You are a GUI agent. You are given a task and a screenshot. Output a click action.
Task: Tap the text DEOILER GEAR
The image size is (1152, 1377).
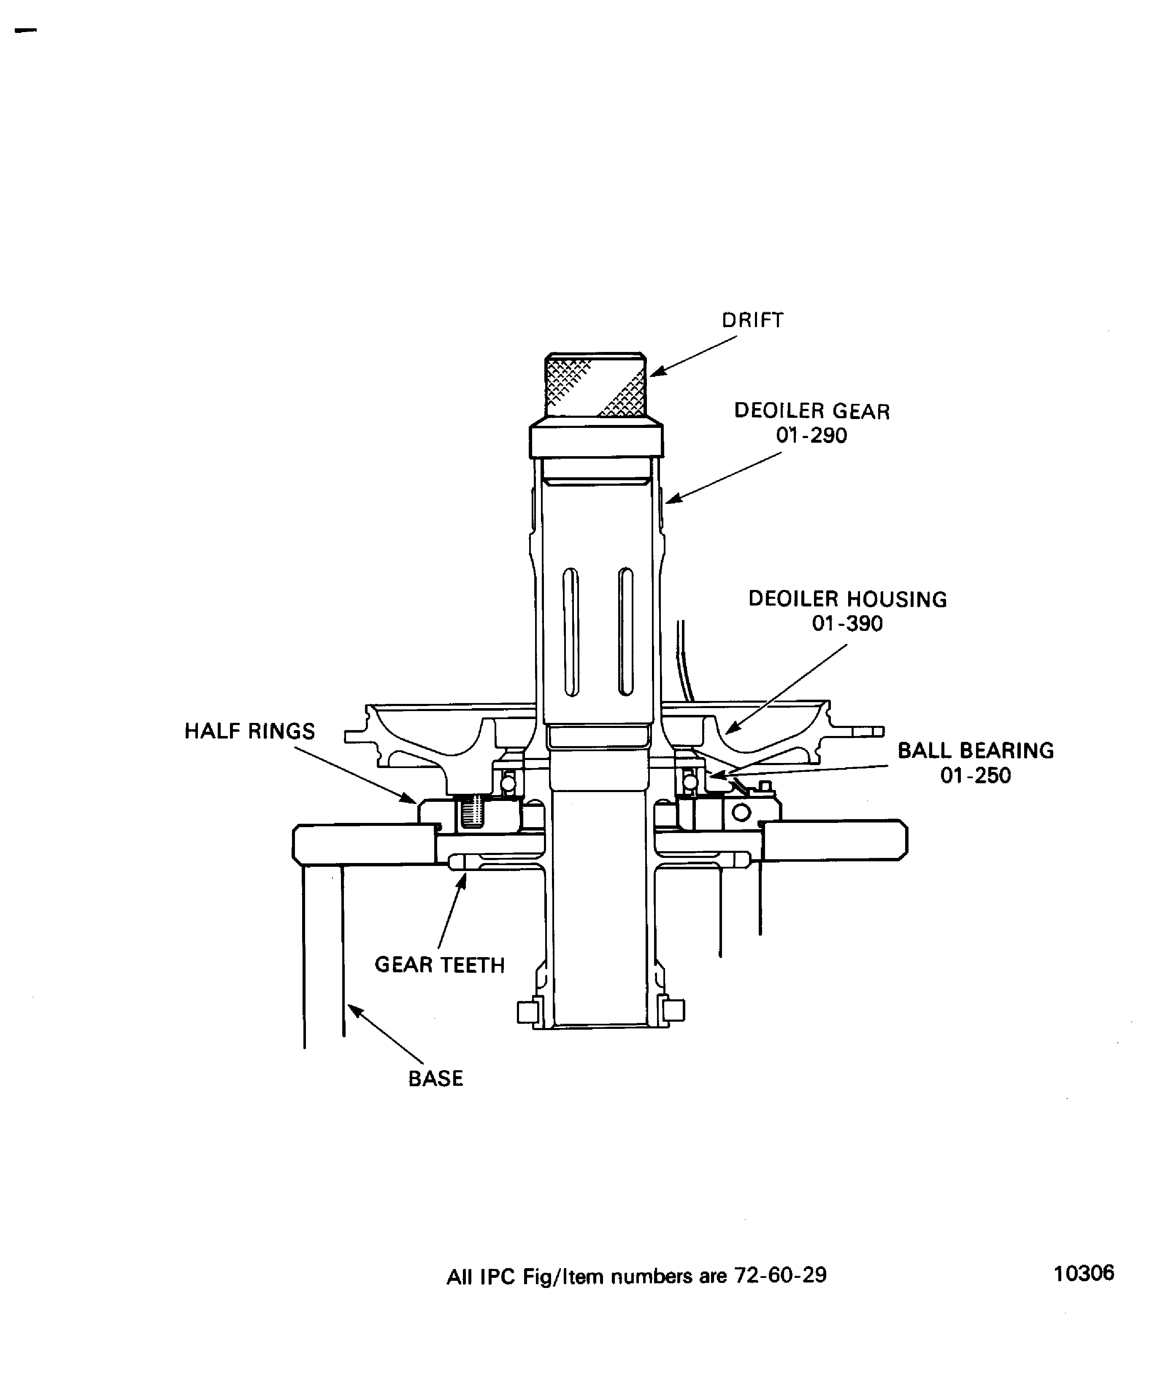[812, 411]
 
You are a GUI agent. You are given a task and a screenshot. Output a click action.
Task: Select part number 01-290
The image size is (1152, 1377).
[812, 436]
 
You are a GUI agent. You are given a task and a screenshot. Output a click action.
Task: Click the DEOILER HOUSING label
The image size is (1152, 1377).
[848, 599]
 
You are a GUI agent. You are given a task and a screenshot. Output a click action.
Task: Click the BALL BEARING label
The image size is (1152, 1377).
[976, 750]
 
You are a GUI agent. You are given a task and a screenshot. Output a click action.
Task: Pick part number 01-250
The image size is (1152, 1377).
[976, 775]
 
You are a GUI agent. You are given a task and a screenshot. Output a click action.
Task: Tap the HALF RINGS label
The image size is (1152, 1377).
[250, 731]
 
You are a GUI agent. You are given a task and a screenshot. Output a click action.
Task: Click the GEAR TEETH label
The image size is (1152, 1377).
[439, 965]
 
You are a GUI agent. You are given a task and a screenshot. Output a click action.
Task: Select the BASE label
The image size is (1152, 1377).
[435, 1079]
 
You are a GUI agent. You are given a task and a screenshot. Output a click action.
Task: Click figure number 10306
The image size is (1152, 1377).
[1084, 1273]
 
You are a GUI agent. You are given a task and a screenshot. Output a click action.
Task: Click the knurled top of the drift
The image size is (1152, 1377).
[595, 385]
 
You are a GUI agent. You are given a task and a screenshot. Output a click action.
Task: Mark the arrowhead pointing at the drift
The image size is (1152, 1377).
[657, 371]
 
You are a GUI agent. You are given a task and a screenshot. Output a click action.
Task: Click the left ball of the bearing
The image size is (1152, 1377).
[508, 783]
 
